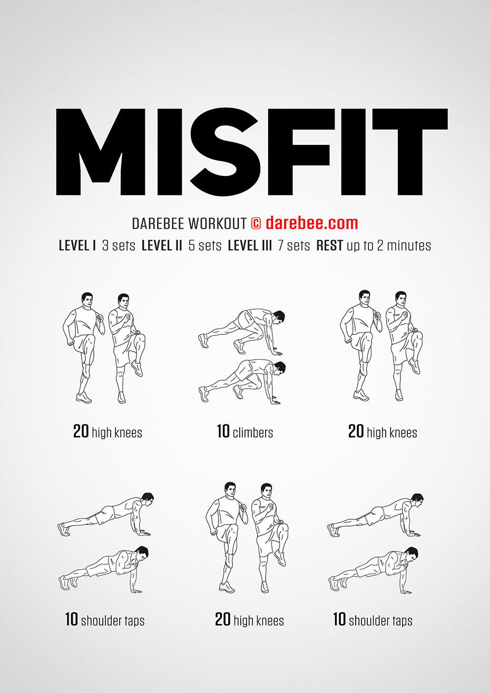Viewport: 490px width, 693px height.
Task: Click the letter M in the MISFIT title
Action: point(101,152)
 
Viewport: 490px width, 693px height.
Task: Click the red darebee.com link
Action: point(312,223)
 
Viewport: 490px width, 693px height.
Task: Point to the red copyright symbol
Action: point(256,223)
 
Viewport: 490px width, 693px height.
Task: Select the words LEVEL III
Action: point(250,245)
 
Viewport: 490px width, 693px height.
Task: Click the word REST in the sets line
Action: point(330,245)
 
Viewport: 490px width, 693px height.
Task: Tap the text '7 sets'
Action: point(294,245)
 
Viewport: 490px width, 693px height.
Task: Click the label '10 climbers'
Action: point(245,432)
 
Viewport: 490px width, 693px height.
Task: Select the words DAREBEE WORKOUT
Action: point(189,223)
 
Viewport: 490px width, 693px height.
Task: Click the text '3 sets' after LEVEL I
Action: point(119,245)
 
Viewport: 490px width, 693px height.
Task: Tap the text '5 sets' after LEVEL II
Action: point(205,245)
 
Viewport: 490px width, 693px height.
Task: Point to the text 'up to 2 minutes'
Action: point(389,245)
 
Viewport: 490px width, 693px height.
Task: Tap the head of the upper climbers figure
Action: point(278,317)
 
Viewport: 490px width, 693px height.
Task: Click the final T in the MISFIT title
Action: point(410,152)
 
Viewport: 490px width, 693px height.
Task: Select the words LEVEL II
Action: point(162,245)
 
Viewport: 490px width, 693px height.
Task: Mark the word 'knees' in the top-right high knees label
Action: point(404,432)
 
